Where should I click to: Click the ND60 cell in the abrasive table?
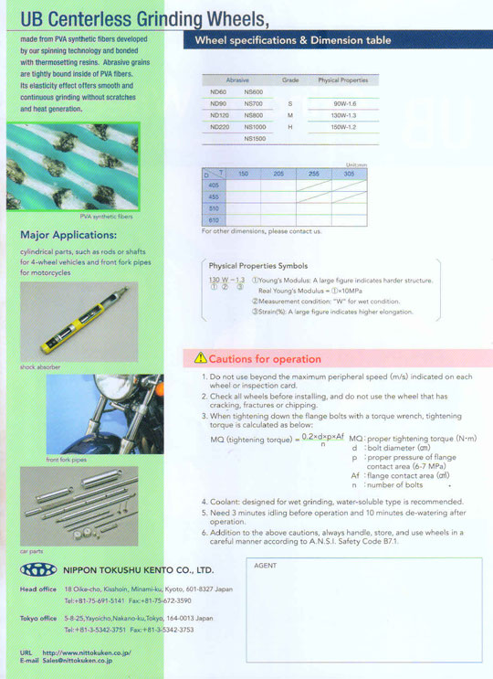tap(218, 92)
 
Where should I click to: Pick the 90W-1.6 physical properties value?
tap(344, 104)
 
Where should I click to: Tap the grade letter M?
tap(289, 116)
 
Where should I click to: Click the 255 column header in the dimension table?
tap(313, 173)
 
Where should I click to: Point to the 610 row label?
tap(213, 220)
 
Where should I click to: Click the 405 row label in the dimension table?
tap(213, 184)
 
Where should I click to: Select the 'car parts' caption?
tap(31, 551)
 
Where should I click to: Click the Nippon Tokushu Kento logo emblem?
tap(37, 568)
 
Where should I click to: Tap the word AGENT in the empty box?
tap(265, 566)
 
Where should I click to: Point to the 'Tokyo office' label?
tap(37, 619)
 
